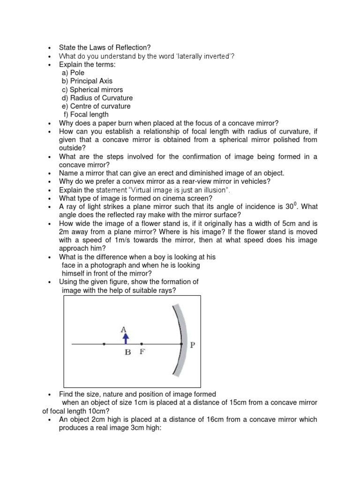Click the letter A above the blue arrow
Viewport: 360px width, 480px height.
click(x=124, y=330)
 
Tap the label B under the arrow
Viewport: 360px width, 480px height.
click(x=127, y=353)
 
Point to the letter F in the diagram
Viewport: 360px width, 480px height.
click(x=142, y=352)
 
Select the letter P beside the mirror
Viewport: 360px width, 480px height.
click(x=192, y=345)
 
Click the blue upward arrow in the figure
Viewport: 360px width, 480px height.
click(x=126, y=338)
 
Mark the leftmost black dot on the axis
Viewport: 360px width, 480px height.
click(x=104, y=344)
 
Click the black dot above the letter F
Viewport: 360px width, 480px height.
click(x=142, y=344)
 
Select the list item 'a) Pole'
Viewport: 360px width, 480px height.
click(x=73, y=73)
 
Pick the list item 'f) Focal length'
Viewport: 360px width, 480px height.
click(x=86, y=114)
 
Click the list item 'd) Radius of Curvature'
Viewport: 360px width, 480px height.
click(x=97, y=98)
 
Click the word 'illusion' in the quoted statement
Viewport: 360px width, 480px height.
click(x=216, y=190)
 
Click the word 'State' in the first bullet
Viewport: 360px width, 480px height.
click(x=67, y=47)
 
